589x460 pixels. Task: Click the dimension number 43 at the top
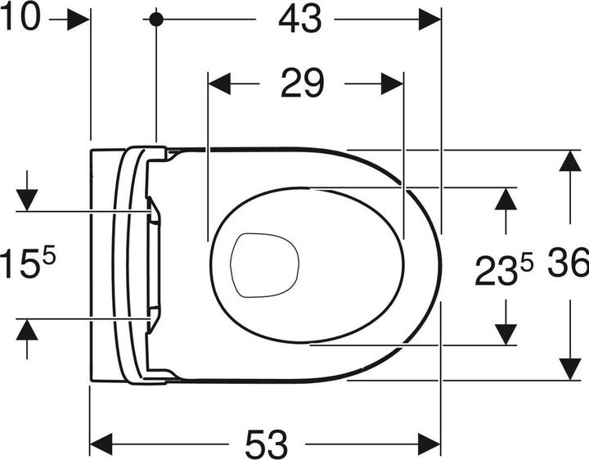[299, 19]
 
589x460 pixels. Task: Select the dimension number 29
[303, 83]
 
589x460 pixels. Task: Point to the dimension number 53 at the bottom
[267, 444]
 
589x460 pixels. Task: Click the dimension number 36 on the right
[569, 264]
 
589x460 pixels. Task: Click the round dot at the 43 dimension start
[155, 19]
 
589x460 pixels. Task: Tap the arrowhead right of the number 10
[79, 20]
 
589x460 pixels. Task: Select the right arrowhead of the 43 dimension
[429, 20]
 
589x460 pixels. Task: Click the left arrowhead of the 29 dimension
[220, 83]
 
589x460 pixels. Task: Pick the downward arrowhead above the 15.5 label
[27, 199]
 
